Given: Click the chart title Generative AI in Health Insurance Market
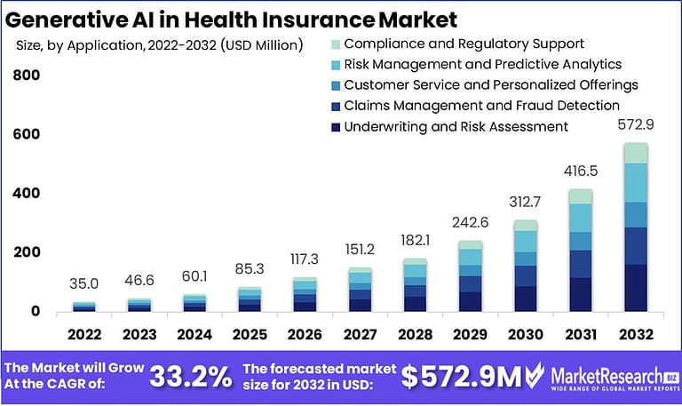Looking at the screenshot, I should coord(232,18).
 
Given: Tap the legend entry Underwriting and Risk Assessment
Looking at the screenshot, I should coord(456,126).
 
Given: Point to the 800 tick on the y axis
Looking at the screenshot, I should coord(26,76).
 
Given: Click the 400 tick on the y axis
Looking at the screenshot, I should coord(26,194).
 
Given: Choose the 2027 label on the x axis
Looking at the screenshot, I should coord(359,335).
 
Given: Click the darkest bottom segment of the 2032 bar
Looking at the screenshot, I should coord(635,288).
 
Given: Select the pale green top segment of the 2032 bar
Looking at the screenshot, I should coord(635,153).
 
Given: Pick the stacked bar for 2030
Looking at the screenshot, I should coord(526,266).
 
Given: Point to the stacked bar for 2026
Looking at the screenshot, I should coord(305,295).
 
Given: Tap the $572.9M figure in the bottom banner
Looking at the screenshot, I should coord(461,377).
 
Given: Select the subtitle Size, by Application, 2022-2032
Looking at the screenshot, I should coord(159,44).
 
